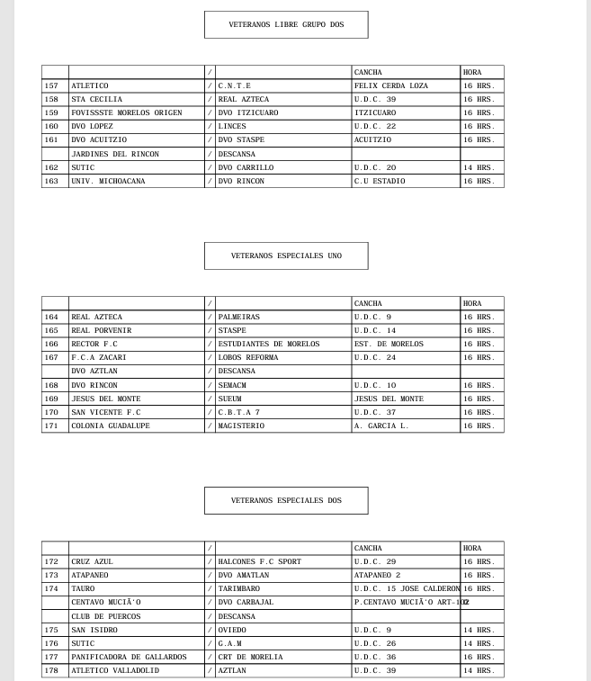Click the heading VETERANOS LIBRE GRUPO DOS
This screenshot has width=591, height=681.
click(x=286, y=25)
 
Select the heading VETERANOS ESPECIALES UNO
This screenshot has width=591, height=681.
click(x=286, y=256)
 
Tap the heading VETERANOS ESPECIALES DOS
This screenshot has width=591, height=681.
click(x=286, y=500)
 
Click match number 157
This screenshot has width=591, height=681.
click(x=51, y=85)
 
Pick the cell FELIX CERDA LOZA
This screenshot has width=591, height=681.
click(x=390, y=85)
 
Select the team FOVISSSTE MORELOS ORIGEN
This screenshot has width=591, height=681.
click(x=126, y=112)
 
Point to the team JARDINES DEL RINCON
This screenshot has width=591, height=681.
click(x=114, y=154)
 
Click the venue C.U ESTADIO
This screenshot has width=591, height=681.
click(x=379, y=181)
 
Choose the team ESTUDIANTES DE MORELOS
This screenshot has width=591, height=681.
click(x=268, y=344)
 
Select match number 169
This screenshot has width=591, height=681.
click(x=51, y=398)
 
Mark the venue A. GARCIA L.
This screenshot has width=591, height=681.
click(x=381, y=426)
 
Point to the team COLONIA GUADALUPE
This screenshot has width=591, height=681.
click(x=110, y=426)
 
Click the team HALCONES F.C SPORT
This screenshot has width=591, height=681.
click(x=259, y=561)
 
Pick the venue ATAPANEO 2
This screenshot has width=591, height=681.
click(x=377, y=575)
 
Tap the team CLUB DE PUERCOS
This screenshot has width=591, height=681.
click(x=105, y=616)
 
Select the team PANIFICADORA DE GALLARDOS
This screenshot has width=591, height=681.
click(x=128, y=657)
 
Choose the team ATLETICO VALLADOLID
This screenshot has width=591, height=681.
click(x=114, y=670)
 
